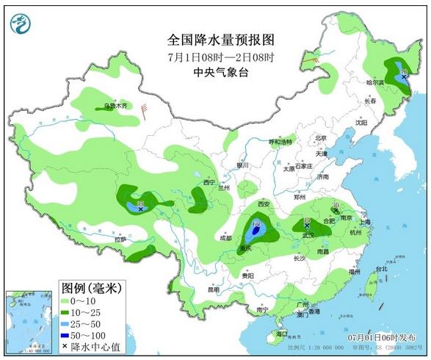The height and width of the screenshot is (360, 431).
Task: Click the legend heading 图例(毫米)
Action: point(91,287)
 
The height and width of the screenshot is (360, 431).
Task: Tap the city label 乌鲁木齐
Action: point(115,106)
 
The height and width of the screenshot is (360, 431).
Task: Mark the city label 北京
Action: point(319,137)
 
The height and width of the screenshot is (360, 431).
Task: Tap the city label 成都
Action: point(225,238)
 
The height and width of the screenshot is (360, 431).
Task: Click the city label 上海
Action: point(364,221)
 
